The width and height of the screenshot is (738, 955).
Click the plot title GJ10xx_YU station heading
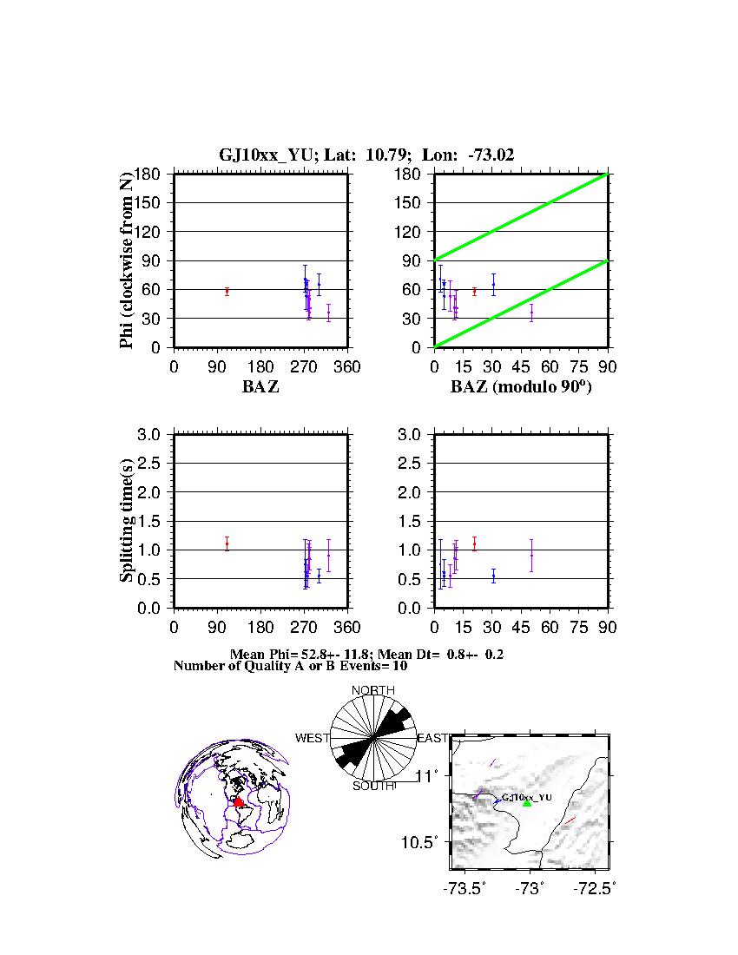coord(366,155)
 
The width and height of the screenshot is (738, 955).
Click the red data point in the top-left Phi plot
coord(227,292)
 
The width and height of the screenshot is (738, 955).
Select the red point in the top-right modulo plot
coord(474,292)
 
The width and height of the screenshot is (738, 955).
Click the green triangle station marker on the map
coord(527,803)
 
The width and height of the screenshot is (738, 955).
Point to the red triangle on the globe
coord(238,802)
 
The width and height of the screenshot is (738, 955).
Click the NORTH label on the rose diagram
coord(372,691)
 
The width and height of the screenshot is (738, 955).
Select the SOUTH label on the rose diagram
coord(373,786)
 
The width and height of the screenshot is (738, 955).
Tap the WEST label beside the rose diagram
coord(313,738)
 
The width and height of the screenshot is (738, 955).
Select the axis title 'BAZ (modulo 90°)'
coord(521,387)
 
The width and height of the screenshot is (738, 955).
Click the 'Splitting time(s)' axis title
coord(127,521)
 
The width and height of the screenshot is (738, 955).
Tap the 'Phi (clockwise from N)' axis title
coord(127,260)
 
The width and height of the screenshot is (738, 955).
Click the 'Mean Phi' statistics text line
coord(366,654)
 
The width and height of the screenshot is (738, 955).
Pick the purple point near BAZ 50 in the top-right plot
coord(531,312)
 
